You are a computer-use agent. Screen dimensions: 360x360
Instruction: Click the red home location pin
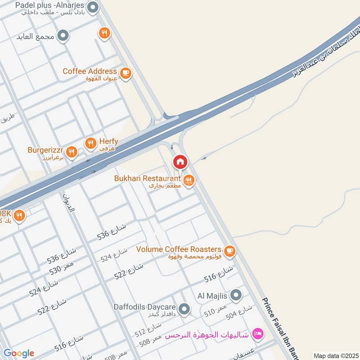(x=180, y=162)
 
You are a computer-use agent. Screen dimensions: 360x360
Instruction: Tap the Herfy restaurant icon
(x=90, y=143)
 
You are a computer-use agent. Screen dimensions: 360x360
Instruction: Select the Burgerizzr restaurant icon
(x=71, y=151)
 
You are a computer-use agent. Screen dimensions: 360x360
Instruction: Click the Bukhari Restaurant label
(x=147, y=179)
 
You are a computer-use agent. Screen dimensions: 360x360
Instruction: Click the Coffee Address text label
(x=90, y=72)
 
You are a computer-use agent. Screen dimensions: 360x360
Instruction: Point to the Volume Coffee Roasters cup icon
(x=229, y=250)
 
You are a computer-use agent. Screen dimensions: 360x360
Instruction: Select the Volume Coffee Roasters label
(x=179, y=249)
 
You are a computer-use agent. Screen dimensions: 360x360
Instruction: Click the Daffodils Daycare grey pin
(x=184, y=309)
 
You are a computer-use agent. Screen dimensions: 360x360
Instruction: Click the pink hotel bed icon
(x=258, y=333)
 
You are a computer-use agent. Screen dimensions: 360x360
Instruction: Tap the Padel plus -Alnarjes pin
(x=93, y=7)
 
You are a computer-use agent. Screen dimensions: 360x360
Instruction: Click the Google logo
(x=18, y=353)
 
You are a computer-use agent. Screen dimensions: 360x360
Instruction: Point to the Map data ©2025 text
(x=335, y=355)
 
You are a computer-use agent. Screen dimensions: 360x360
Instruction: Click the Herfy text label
(x=108, y=141)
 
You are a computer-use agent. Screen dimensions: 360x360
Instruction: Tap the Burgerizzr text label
(x=46, y=150)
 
